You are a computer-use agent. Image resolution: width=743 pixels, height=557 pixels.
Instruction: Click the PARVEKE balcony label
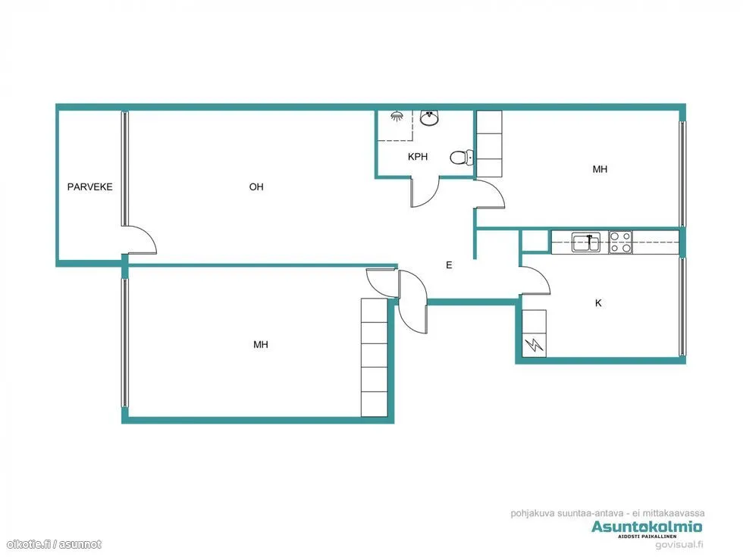click(x=90, y=186)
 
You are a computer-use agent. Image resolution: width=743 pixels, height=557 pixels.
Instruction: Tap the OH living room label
click(x=256, y=186)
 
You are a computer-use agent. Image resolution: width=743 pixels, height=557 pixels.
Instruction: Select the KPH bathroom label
click(x=418, y=156)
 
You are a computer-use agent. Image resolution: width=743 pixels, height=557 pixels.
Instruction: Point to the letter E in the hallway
click(x=449, y=264)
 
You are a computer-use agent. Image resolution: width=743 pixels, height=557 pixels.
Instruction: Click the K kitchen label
click(x=598, y=302)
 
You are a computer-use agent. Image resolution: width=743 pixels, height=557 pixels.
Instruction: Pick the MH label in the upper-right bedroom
click(x=600, y=169)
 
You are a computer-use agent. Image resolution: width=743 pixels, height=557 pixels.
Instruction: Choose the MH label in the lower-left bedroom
click(x=261, y=344)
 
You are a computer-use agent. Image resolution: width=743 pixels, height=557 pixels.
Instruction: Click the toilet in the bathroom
click(x=461, y=157)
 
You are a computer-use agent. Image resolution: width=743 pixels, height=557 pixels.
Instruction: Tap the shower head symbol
click(x=397, y=116)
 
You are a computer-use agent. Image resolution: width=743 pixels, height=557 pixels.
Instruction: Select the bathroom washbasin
click(x=430, y=118)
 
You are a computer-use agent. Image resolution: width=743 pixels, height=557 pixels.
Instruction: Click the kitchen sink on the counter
click(x=586, y=242)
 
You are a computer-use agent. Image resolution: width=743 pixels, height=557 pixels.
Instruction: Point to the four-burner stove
click(x=620, y=242)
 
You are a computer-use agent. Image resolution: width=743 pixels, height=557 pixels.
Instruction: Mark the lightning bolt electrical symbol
click(x=534, y=344)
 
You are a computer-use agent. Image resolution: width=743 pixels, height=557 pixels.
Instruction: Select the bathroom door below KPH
click(x=425, y=192)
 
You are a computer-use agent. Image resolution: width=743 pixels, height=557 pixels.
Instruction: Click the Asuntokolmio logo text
click(x=647, y=527)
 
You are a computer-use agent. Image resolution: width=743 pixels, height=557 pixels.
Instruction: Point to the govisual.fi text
click(x=679, y=545)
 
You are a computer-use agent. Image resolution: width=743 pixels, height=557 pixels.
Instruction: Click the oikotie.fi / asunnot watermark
click(x=54, y=544)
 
